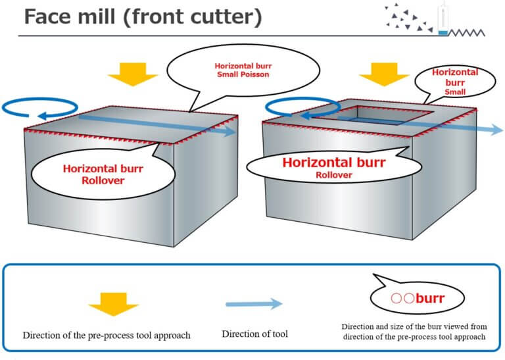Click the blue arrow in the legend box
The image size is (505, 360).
point(254,303)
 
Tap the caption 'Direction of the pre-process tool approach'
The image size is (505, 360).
point(106,335)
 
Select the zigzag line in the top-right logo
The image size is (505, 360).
point(469,32)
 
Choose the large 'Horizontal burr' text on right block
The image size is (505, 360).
point(334,162)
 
